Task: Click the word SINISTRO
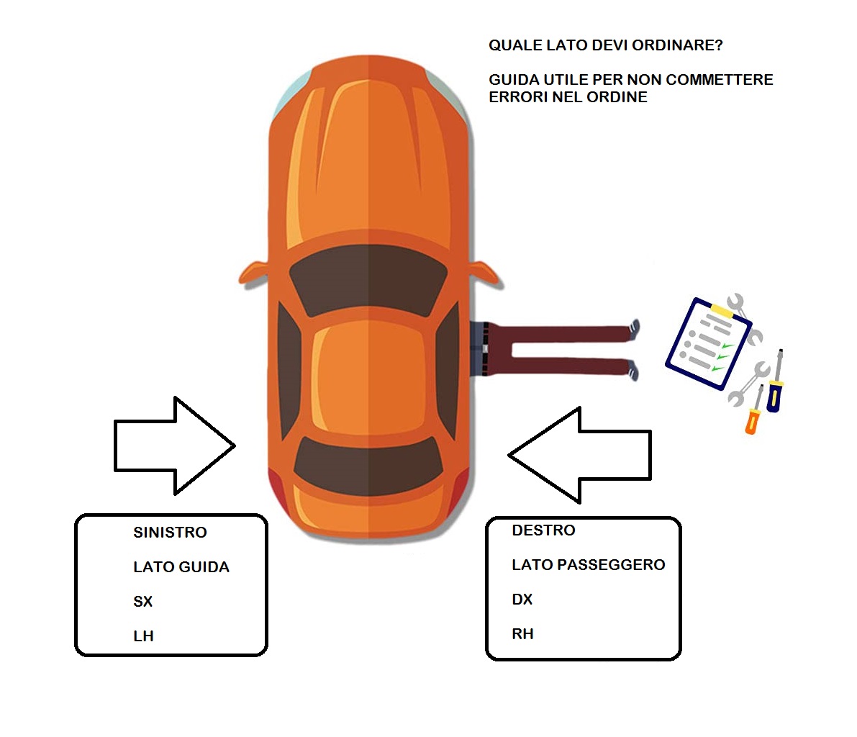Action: [170, 533]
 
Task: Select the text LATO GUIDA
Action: [181, 567]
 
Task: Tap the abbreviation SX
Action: [142, 602]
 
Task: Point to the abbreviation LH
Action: [143, 636]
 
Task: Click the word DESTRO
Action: [543, 530]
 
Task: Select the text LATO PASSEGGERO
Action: [588, 565]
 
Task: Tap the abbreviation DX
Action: [522, 600]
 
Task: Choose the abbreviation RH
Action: [522, 634]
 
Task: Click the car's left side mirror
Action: [253, 273]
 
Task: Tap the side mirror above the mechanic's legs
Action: [486, 272]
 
